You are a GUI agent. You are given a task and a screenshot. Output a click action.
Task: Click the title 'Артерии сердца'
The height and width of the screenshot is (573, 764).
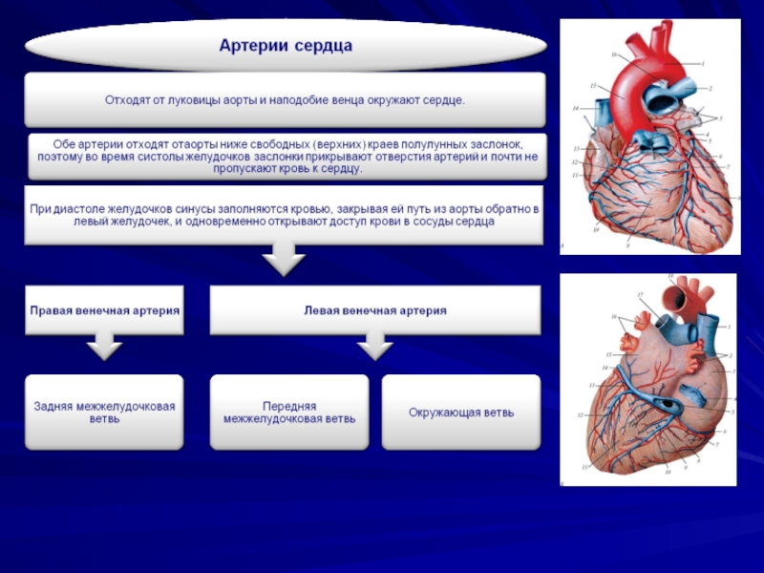[286, 46]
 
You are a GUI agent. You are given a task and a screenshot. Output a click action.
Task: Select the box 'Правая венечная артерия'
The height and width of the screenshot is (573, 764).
[104, 310]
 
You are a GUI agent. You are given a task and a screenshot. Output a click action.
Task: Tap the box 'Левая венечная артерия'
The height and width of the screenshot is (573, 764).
[375, 310]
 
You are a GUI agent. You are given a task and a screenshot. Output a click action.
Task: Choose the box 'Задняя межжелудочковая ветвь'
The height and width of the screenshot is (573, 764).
[104, 413]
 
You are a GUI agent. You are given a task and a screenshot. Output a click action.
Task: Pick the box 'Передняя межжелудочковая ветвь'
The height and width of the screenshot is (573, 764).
[289, 413]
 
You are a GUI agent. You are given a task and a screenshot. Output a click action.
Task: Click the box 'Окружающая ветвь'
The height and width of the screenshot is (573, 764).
[461, 413]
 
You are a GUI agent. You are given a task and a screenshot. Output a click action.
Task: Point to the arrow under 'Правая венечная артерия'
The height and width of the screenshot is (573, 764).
[103, 346]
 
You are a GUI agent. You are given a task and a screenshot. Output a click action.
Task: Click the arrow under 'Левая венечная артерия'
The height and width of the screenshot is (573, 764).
[374, 346]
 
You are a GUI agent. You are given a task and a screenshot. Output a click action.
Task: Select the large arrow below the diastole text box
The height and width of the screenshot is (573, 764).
[284, 257]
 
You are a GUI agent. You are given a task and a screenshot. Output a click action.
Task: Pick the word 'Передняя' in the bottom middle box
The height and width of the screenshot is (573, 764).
[289, 406]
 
